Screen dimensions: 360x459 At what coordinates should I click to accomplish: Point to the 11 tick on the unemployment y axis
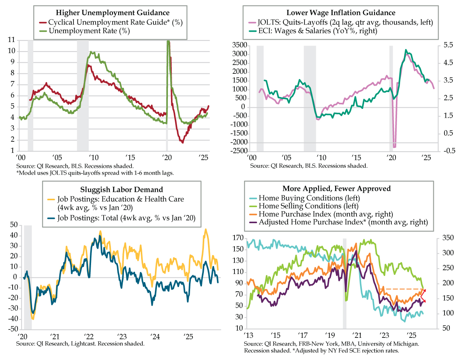point(11,40)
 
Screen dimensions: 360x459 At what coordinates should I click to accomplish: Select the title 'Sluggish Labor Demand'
point(122,189)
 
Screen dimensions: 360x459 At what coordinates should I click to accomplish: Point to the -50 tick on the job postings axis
point(12,329)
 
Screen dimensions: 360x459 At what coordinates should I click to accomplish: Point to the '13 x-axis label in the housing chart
point(248,336)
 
